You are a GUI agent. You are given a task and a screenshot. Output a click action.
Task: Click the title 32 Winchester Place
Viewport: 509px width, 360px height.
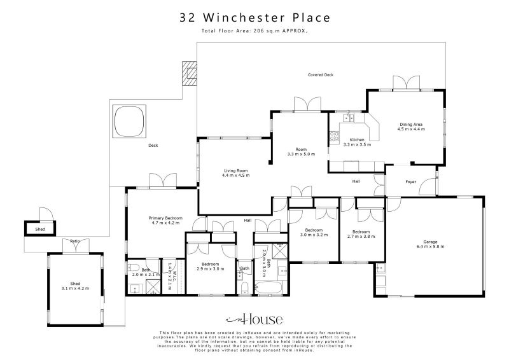coord(254,18)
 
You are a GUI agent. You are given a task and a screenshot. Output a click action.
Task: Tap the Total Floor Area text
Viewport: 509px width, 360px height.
coord(254,31)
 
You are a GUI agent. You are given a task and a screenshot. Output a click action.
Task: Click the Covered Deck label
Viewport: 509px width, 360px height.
coord(320,75)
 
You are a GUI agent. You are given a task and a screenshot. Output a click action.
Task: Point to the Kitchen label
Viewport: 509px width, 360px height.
coord(353,142)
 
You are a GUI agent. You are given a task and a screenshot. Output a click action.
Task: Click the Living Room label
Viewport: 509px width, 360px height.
coord(235,173)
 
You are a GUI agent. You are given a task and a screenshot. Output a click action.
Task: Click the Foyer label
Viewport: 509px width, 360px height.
coord(410,182)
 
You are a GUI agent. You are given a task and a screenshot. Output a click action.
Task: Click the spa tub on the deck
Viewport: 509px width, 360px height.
coord(128,121)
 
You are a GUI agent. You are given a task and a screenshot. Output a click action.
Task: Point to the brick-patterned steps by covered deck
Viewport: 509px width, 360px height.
coord(190,72)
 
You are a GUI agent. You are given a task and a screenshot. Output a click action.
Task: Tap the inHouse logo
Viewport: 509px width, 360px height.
coord(254,319)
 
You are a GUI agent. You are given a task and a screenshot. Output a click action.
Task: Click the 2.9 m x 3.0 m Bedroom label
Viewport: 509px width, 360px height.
coord(210,267)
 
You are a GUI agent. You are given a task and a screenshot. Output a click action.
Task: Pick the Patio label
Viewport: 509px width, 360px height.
coord(75,241)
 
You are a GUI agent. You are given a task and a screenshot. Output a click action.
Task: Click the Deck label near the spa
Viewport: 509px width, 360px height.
coord(153,146)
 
